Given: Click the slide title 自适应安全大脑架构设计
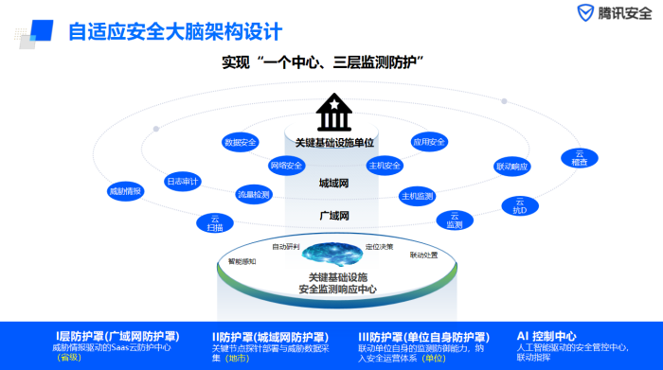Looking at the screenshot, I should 175,31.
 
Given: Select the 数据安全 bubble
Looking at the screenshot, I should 241,142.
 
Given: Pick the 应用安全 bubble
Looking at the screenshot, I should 428,142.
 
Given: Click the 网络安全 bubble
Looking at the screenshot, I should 286,166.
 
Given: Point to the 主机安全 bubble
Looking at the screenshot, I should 385,166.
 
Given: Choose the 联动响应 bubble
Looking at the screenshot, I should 512,166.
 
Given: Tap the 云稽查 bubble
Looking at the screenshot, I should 580,158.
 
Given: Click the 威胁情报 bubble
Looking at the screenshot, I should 125,191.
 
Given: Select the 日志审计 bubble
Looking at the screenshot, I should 182,180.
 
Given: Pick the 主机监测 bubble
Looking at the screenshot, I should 417,196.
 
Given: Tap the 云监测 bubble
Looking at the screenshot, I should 455,220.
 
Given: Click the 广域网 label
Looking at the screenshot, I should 334,216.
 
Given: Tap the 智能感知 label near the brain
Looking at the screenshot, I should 242,260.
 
